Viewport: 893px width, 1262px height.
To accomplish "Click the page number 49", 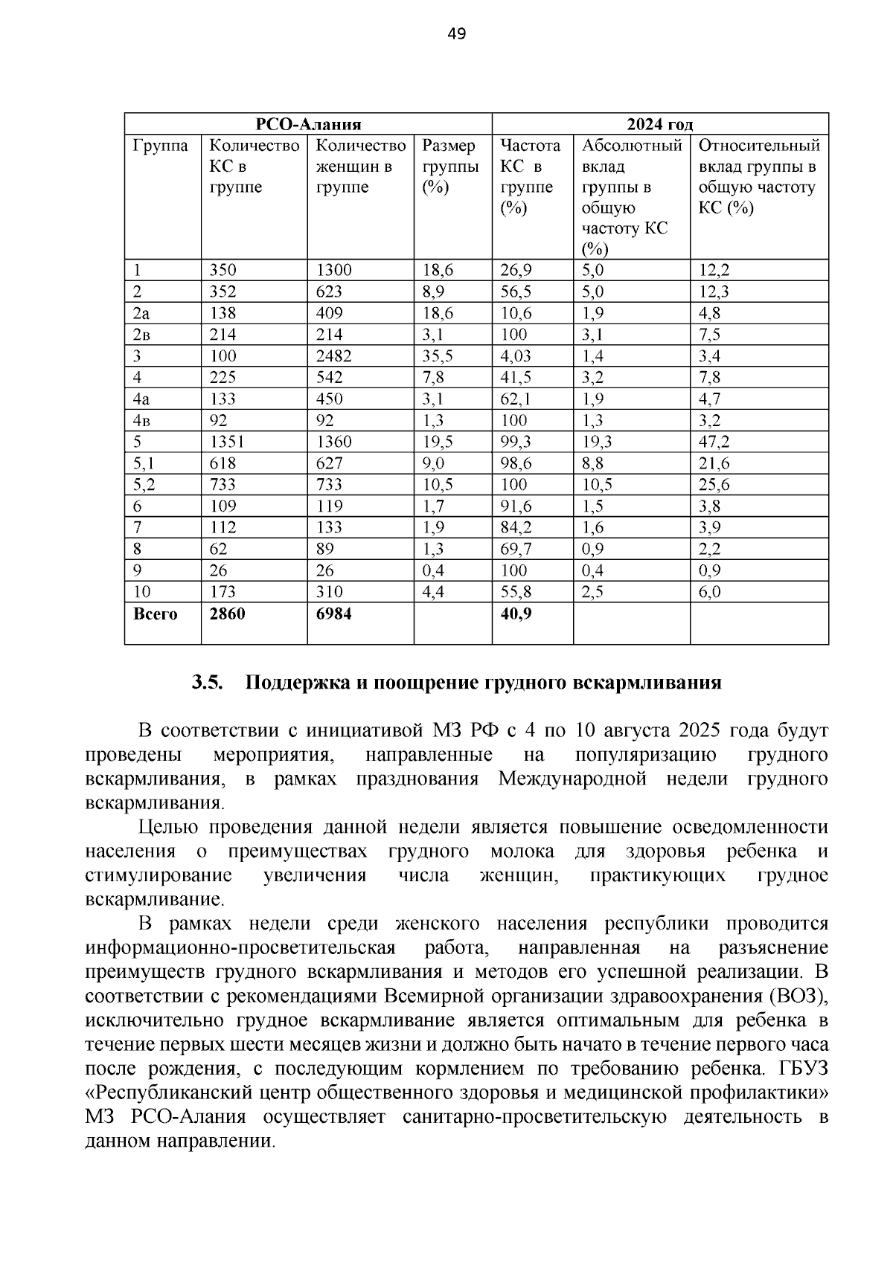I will coord(457,33).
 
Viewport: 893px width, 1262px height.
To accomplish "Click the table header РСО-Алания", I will coord(308,124).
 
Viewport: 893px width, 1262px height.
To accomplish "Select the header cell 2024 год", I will coord(659,124).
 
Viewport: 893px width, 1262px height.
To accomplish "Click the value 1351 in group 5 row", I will coord(227,442).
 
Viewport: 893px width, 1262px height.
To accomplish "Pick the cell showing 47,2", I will coord(714,442).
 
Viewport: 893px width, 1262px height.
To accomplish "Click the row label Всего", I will coord(155,614).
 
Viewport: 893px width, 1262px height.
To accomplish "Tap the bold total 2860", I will coord(227,614).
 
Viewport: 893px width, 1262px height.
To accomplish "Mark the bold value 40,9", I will coord(516,614).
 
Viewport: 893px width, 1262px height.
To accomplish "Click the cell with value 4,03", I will coord(516,356).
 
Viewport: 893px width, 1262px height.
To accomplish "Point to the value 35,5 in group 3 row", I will coord(438,356).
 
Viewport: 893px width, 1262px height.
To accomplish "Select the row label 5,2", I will coord(145,485).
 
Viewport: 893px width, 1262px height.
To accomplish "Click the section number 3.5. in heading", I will coord(208,683).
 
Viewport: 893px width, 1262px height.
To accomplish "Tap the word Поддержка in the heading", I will coord(287,683).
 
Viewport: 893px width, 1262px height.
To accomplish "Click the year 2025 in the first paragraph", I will coord(700,730).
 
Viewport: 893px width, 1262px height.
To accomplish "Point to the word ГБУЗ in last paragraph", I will coord(804,1069).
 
